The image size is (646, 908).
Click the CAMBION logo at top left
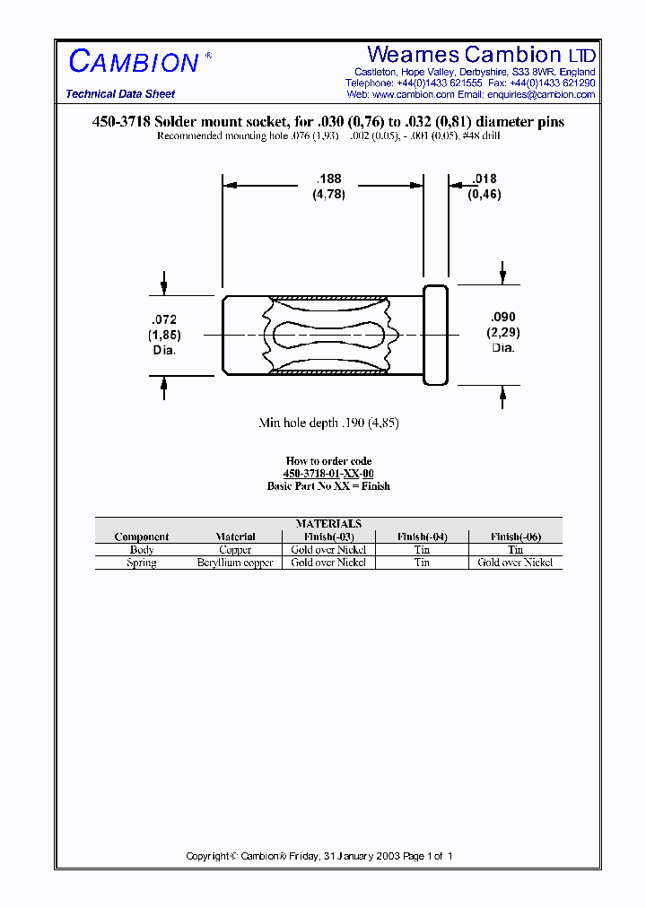pos(134,62)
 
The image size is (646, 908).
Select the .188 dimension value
pos(328,179)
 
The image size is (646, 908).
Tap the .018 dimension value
pos(484,179)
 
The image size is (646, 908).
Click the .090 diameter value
pos(503,317)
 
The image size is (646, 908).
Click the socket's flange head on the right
pos(435,335)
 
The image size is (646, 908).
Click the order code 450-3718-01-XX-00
pos(328,474)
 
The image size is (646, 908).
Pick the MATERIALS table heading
pos(328,523)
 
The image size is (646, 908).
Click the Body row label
pos(142,549)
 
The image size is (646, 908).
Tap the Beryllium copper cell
pos(235,563)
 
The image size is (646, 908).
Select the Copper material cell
pos(235,549)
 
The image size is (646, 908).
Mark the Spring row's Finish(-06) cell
pos(515,563)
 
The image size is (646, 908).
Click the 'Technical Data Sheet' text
pos(120,94)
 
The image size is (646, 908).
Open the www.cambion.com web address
pos(413,94)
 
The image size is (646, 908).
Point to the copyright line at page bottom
pos(319,856)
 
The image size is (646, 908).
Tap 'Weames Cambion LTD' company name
pos(481,55)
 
